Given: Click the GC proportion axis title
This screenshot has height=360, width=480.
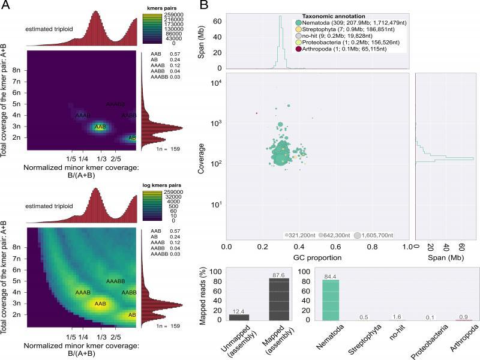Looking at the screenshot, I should (317, 256).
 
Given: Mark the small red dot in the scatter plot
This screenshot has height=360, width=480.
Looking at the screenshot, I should (256, 113).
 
